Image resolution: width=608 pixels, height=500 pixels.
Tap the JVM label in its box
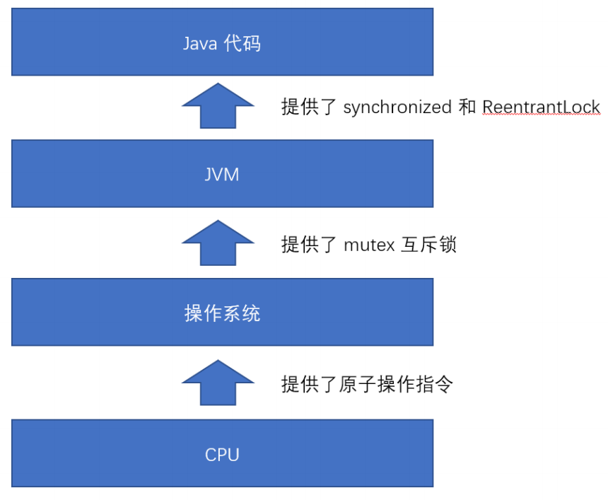pos(222,175)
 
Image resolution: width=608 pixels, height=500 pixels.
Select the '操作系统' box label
pos(222,313)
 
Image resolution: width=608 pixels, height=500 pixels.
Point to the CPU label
pos(222,454)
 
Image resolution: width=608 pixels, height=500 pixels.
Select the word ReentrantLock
pos(541,107)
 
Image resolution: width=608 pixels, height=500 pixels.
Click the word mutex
pos(368,245)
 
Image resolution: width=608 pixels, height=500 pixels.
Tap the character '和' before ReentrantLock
pos(467,107)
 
